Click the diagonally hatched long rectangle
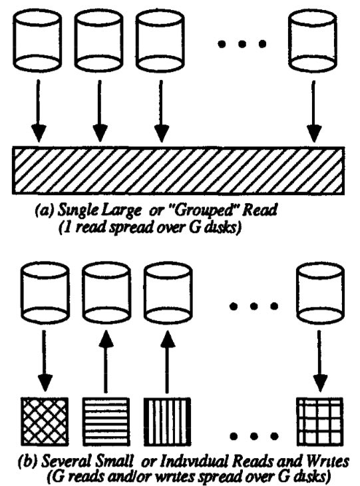[x=178, y=170]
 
